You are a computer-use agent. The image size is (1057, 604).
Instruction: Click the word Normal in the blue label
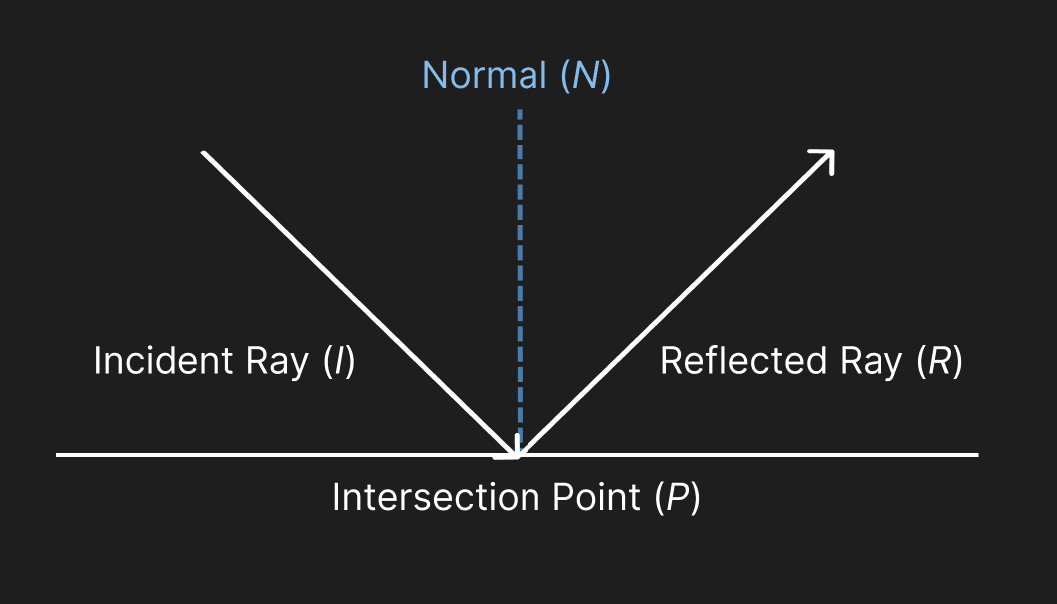(x=485, y=76)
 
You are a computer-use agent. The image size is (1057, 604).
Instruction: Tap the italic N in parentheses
(x=584, y=76)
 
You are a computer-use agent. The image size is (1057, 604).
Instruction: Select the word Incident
(x=152, y=361)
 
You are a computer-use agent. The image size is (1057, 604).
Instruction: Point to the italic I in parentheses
(x=339, y=361)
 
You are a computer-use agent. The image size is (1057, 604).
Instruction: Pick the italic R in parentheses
(x=938, y=361)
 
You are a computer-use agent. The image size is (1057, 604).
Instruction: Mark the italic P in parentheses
(x=677, y=497)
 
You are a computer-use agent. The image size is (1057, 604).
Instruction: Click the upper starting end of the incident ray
(x=203, y=152)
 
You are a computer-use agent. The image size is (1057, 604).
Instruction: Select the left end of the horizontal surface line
(x=59, y=455)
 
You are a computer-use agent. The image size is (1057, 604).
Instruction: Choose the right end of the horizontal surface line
(x=976, y=455)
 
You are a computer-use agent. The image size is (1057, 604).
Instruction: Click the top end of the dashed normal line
(x=519, y=112)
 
